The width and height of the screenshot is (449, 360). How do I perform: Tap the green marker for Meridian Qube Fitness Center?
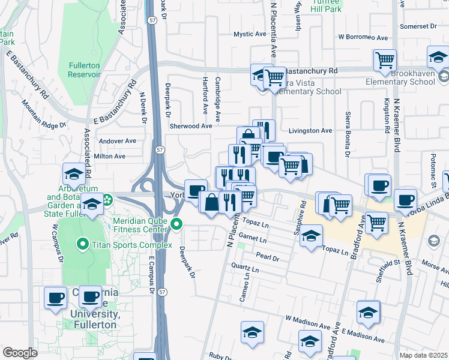coord(176,224)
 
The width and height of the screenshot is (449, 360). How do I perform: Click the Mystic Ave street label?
coord(250,34)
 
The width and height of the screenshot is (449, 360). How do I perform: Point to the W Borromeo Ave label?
coord(363,37)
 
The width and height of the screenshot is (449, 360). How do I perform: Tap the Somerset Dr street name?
coord(418,26)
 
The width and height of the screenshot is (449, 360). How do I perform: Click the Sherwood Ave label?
coord(191,126)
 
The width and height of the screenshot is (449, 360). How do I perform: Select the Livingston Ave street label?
coord(310,130)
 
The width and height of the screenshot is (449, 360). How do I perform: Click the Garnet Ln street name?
coord(253,239)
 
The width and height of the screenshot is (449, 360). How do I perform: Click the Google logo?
coord(20,353)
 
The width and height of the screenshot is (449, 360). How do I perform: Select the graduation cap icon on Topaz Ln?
coord(311,236)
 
